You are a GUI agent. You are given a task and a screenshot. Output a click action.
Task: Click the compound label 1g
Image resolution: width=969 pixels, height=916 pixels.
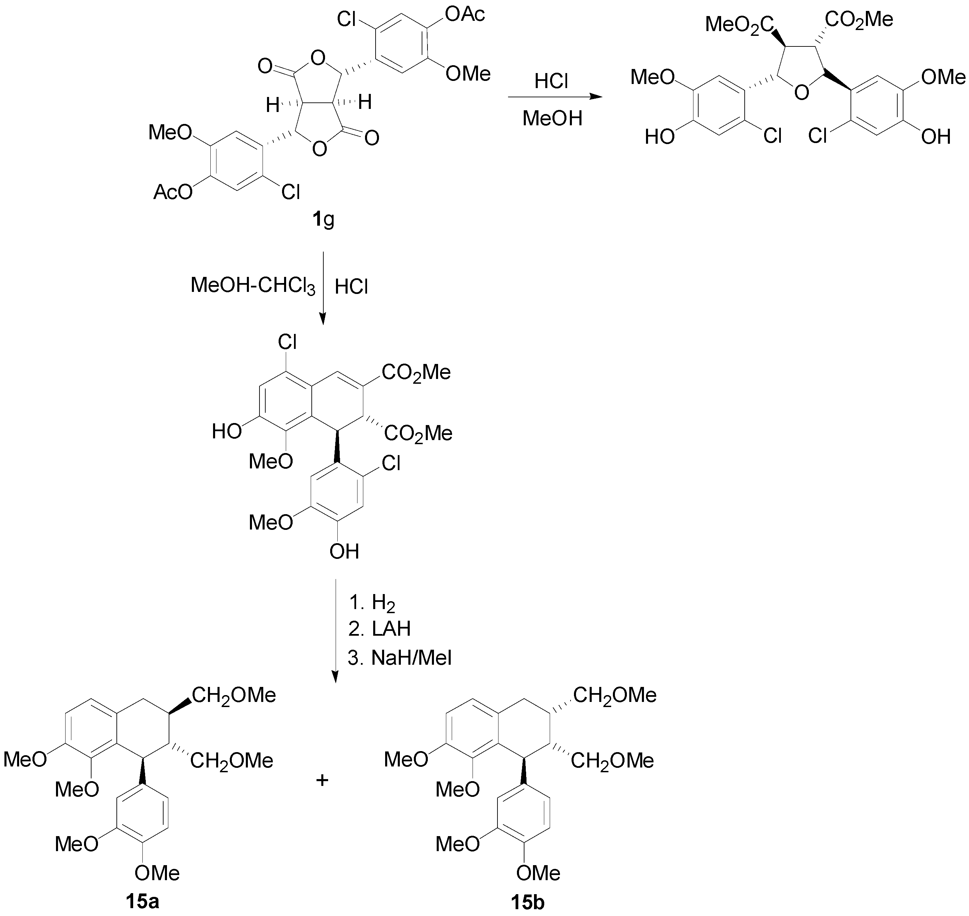click(x=323, y=220)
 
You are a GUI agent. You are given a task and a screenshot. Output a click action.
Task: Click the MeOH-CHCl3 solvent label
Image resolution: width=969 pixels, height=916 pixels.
click(x=253, y=286)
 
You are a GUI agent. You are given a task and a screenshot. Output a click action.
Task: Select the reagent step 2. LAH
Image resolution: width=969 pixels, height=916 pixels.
click(x=379, y=629)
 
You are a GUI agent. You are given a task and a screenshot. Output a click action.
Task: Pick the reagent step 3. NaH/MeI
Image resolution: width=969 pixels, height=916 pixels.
click(x=399, y=658)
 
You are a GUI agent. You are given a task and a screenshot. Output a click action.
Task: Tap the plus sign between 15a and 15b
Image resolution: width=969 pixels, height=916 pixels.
click(x=322, y=780)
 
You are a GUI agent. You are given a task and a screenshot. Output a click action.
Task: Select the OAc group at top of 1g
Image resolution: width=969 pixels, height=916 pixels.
click(x=465, y=15)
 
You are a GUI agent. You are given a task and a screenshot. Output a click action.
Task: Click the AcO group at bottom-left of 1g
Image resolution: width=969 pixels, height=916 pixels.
click(x=173, y=192)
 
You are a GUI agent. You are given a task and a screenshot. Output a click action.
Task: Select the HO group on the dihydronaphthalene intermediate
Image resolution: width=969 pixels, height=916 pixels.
click(x=227, y=431)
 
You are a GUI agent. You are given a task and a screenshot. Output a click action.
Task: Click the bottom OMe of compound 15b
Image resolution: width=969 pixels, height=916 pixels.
click(x=538, y=873)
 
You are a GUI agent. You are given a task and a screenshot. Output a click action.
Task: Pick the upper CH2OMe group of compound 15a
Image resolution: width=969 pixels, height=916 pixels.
click(x=234, y=695)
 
